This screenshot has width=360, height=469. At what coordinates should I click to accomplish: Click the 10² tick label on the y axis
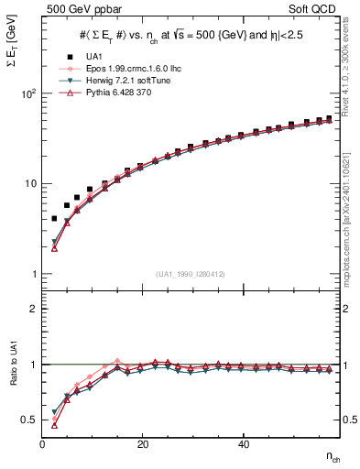point(27,93)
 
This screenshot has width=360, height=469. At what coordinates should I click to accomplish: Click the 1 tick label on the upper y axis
point(32,274)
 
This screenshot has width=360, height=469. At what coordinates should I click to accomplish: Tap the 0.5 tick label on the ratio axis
point(28,420)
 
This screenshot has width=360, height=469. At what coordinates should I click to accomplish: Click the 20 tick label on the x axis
point(143,444)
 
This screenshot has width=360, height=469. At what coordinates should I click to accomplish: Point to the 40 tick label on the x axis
point(243,444)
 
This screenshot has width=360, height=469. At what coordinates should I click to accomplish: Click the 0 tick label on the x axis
point(43,444)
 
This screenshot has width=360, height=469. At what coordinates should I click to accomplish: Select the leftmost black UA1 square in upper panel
point(54,219)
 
